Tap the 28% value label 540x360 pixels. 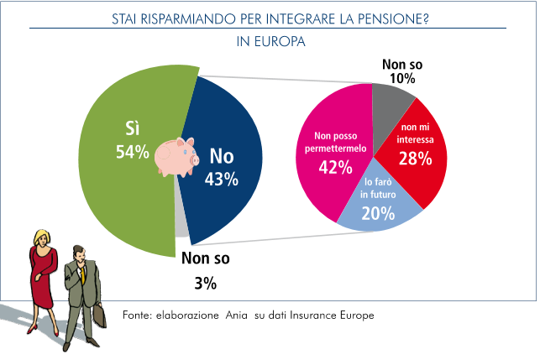415,158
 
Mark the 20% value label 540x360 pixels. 378,214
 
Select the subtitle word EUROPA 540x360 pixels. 281,39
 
